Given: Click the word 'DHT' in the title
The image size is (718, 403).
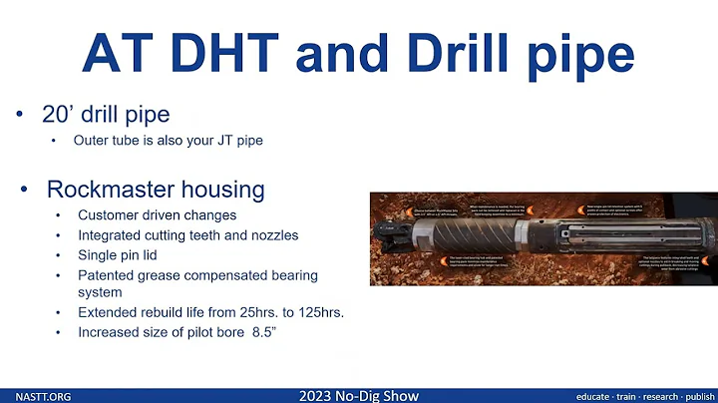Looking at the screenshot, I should coord(221,51).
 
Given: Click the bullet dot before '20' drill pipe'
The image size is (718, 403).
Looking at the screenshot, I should coord(21,116).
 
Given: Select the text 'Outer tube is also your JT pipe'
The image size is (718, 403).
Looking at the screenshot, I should coord(168,141).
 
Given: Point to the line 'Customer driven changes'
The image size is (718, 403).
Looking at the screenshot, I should coord(158,215).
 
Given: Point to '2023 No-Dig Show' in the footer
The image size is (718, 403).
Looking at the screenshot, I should coord(359,395).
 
